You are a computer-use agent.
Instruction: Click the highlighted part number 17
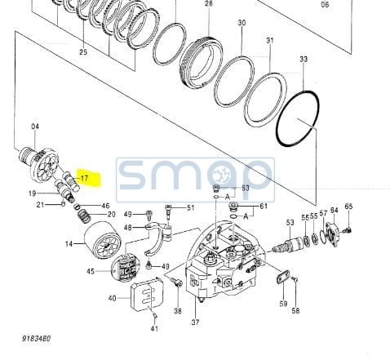85,178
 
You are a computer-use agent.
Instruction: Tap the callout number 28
209,3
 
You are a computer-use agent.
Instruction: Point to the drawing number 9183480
37,339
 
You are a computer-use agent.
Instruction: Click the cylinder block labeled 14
103,241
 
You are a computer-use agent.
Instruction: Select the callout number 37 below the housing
195,322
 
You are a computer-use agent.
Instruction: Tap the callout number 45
91,271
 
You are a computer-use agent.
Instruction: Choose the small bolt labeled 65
346,230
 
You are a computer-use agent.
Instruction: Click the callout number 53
290,222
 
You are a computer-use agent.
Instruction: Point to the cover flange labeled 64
332,233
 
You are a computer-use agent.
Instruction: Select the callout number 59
283,304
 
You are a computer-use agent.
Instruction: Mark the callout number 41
154,328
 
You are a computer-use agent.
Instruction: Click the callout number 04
35,127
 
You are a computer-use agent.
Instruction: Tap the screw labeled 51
168,212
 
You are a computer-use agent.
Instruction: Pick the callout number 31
269,41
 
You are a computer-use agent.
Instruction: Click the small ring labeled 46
77,207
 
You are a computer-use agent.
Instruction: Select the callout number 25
83,51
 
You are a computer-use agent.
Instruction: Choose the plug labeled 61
233,206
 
